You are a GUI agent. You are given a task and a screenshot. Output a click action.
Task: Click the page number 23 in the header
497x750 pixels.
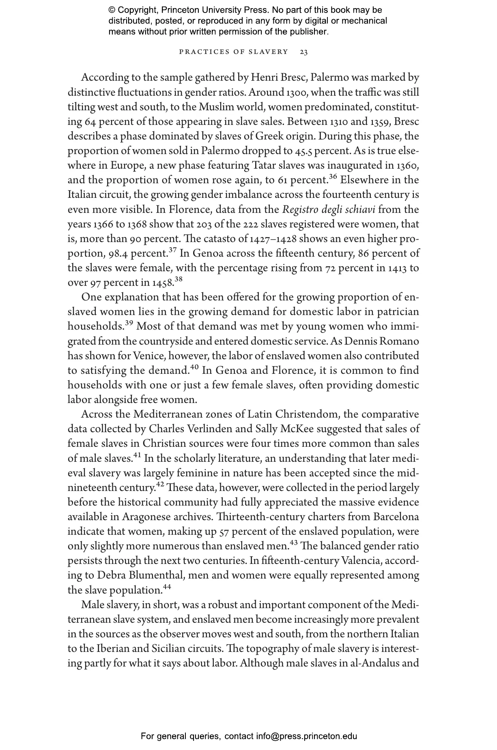303,52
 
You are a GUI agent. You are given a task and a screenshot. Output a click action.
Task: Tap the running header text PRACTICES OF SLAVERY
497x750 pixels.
233,52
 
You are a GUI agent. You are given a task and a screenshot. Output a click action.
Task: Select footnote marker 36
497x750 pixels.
333,177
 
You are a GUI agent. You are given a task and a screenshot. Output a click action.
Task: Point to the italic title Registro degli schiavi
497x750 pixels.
329,210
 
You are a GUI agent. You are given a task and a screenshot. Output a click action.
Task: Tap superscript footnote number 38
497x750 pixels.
179,279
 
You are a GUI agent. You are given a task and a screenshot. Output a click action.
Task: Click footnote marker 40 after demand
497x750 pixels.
194,367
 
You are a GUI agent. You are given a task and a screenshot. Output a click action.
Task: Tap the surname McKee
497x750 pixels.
295,429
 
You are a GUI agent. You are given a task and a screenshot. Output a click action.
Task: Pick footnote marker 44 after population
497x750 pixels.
167,587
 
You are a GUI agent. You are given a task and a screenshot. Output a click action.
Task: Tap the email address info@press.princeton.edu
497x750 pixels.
306,736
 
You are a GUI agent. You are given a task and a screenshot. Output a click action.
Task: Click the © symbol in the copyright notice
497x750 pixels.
112,10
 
